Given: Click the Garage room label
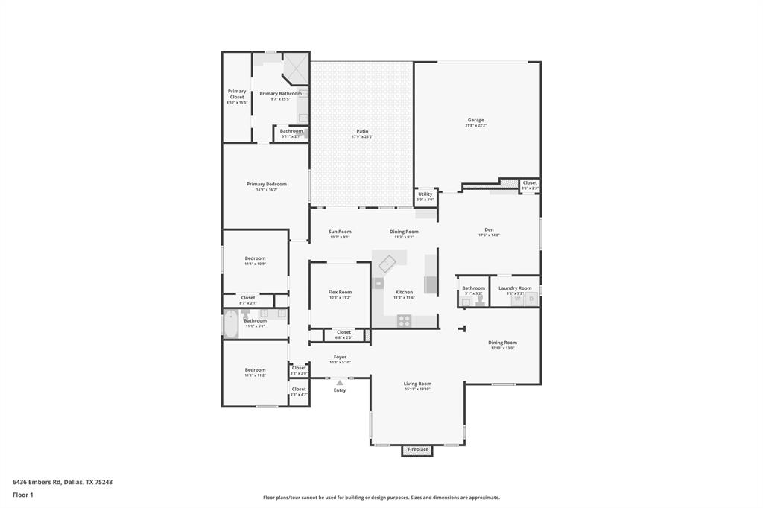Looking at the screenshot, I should click(475, 120).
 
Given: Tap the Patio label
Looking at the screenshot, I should click(362, 131).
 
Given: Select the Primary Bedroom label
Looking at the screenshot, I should click(266, 184).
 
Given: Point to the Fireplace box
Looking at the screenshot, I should click(417, 449).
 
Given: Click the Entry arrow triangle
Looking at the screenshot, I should click(340, 382).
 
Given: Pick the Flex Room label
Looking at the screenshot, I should click(340, 292).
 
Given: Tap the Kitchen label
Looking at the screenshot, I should click(404, 292).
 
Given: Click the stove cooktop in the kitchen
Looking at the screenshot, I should click(404, 320).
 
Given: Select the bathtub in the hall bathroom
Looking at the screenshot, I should click(231, 326).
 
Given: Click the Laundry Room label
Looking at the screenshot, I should click(515, 288).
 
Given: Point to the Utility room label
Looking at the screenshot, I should click(425, 194).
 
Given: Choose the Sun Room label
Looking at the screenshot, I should click(340, 232).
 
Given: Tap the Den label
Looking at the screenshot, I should click(489, 229).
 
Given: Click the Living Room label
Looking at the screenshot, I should click(417, 384).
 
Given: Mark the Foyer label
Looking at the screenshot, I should click(340, 357).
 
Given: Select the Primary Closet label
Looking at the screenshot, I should click(237, 94).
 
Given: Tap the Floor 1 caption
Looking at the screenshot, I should click(23, 495).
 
